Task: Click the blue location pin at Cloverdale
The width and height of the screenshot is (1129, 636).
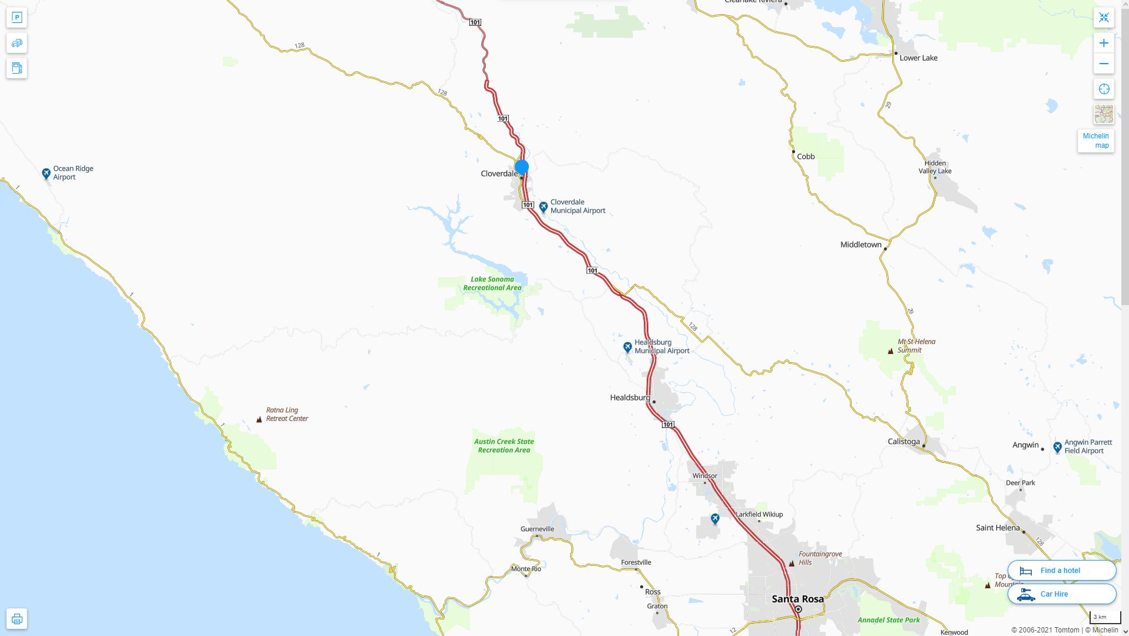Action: [x=521, y=167]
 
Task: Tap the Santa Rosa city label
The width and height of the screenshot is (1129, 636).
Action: [x=797, y=599]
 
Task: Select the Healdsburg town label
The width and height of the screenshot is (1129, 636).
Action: [x=630, y=397]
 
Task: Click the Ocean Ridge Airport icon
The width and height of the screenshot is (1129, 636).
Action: [x=46, y=173]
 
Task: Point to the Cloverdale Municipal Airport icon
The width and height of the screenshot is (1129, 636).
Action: [x=543, y=207]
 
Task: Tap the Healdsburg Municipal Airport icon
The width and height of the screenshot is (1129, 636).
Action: [x=627, y=347]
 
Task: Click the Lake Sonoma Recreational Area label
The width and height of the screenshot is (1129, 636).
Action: [x=492, y=283]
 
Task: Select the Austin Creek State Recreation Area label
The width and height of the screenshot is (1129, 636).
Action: [x=504, y=446]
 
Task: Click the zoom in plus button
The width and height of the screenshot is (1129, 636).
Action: [x=1103, y=43]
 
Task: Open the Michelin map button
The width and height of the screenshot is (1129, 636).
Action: [x=1095, y=141]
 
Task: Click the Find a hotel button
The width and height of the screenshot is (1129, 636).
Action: [x=1061, y=571]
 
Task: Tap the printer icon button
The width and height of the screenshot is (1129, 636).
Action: [x=16, y=619]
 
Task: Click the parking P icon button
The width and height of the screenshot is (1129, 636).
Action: [x=16, y=18]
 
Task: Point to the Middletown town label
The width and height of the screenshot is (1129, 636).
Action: [x=860, y=245]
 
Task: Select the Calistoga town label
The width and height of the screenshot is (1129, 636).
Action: [x=903, y=442]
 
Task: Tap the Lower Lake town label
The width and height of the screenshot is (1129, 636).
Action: [x=918, y=58]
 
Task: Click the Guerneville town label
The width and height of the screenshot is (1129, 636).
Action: [x=537, y=529]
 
